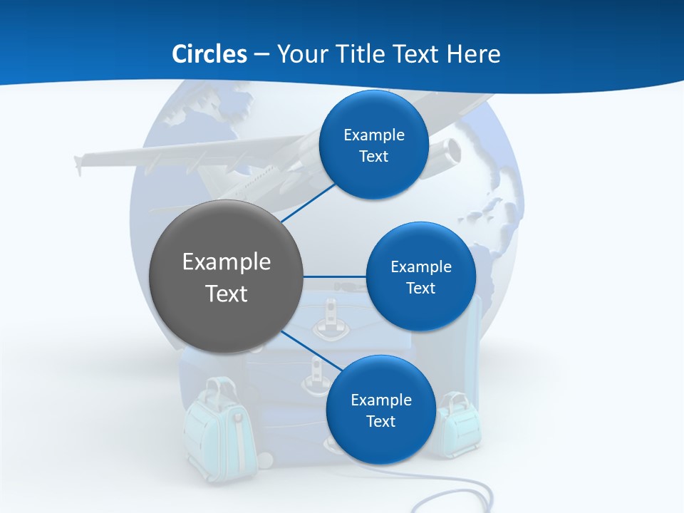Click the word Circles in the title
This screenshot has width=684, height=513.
209,54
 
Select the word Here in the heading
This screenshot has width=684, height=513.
473,54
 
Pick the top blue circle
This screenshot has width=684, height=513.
373,145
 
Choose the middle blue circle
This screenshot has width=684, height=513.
420,276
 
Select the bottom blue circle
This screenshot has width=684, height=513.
380,410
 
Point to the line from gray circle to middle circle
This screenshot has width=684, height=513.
335,276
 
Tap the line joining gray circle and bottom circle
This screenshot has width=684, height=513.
311,351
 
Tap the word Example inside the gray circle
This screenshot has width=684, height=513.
226,262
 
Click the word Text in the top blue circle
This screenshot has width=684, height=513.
373,157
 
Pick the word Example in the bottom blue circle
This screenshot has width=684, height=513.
380,400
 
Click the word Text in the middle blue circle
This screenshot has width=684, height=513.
420,288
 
